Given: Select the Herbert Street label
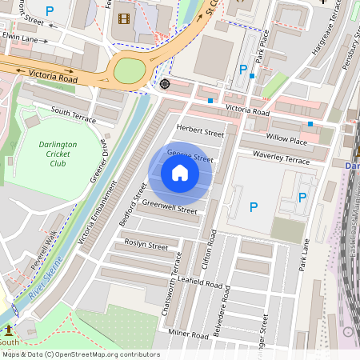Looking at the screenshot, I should pyautogui.click(x=200, y=131).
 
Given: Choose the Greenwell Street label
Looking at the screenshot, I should pyautogui.click(x=169, y=206).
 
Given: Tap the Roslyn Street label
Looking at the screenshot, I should pyautogui.click(x=146, y=244).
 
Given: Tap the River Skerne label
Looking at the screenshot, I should pyautogui.click(x=41, y=286).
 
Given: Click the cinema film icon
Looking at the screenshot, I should pyautogui.click(x=123, y=18).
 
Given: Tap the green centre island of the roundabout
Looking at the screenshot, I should pyautogui.click(x=129, y=70).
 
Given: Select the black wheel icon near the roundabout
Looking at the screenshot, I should pyautogui.click(x=165, y=84).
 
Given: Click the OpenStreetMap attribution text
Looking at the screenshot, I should pyautogui.click(x=81, y=354).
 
